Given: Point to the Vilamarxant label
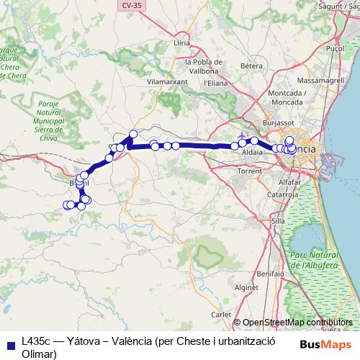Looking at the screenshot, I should click(x=167, y=82).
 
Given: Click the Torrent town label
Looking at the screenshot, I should click(x=249, y=171).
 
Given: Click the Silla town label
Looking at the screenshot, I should click(x=278, y=220).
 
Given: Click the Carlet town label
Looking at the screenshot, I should click(x=220, y=315).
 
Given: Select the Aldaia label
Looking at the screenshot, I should click(x=253, y=153).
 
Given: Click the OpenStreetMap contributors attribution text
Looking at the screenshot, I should click(x=297, y=322).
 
